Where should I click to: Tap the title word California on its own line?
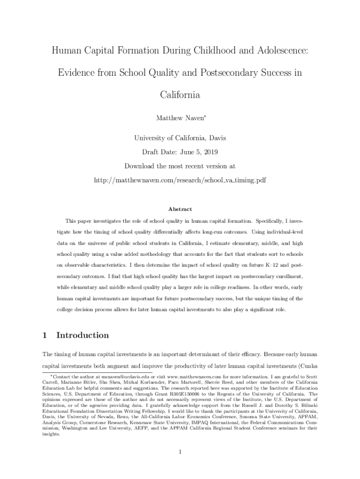(180, 95)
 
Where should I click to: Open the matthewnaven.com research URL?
(180, 180)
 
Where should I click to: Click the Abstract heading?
(180, 209)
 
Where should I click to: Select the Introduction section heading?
(82, 335)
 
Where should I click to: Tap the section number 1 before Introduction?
(44, 335)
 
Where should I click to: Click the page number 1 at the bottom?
(180, 451)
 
